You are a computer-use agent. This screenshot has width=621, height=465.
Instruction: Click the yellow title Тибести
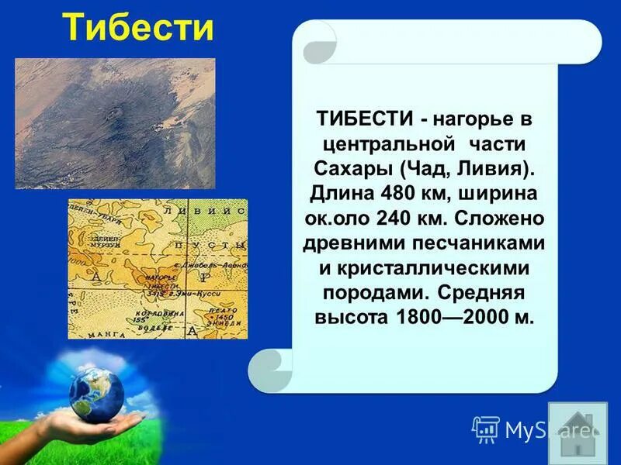pos(137,28)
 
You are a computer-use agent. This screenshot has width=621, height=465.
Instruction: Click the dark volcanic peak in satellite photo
pos(117,121)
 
